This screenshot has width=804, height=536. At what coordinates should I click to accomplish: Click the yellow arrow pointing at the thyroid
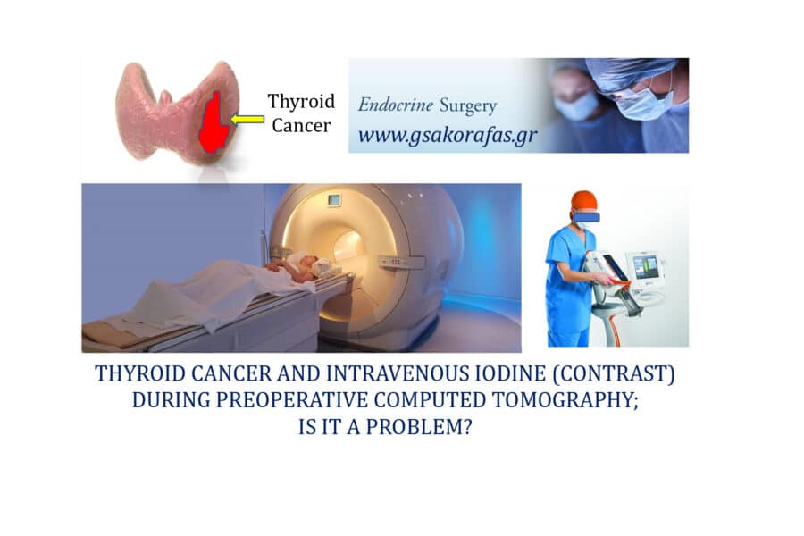[247, 119]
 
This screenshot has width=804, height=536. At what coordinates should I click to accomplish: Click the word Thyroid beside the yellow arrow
[301, 102]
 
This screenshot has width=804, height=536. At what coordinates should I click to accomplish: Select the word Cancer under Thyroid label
[301, 126]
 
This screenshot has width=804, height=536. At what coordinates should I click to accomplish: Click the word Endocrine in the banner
[396, 105]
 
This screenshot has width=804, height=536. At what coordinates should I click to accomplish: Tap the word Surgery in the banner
[468, 106]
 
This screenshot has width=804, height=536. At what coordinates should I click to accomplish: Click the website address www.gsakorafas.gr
[448, 136]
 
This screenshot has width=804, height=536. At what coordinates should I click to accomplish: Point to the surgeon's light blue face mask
[643, 105]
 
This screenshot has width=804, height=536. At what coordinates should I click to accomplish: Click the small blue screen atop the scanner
[334, 199]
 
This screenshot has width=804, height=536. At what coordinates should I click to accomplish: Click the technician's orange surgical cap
[584, 201]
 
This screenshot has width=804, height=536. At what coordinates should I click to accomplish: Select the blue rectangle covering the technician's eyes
[586, 217]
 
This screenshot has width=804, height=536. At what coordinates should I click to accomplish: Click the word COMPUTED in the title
[430, 400]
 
